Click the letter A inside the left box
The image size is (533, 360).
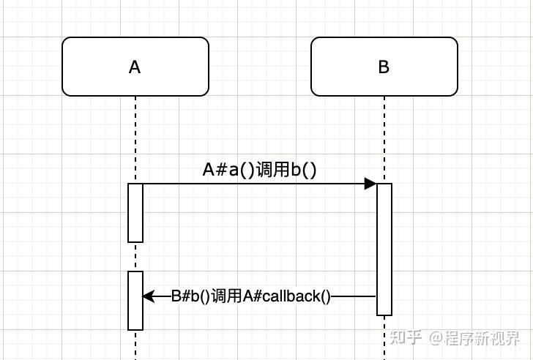[x=135, y=67]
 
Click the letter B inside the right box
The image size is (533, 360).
[x=384, y=67]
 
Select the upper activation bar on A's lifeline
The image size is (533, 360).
[x=135, y=212]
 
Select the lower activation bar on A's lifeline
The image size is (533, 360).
[x=135, y=300]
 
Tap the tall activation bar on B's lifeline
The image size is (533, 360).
[x=384, y=249]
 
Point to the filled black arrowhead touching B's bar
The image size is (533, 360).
[x=370, y=184]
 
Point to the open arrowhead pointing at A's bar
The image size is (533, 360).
[x=148, y=296]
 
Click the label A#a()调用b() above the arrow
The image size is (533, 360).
[x=259, y=170]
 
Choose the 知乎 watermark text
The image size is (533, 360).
[x=406, y=337]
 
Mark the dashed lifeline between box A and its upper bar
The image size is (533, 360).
[x=135, y=139]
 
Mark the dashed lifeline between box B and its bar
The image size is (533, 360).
[x=384, y=139]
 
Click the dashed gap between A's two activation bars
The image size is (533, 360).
[x=135, y=256]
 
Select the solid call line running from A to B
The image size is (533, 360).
[x=249, y=184]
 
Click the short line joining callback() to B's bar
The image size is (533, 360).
[x=354, y=296]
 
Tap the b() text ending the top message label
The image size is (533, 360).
[x=303, y=170]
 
